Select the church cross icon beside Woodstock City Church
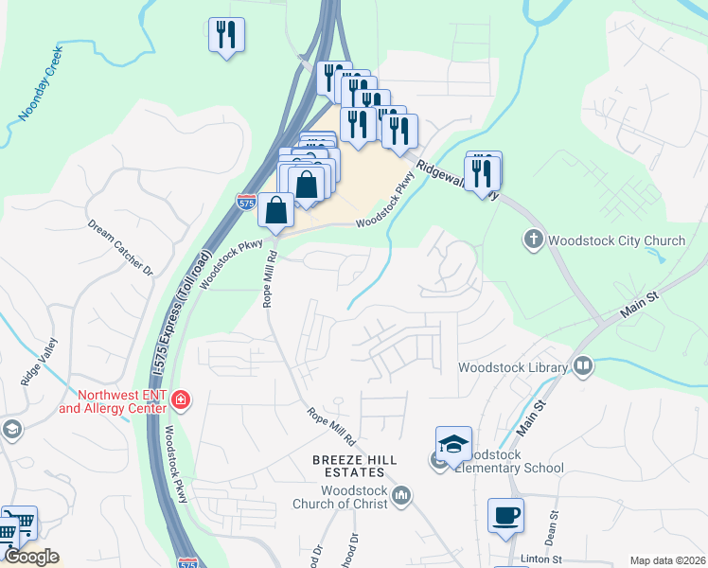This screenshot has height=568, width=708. click(x=534, y=240)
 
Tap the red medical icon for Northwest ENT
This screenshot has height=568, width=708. click(x=181, y=402)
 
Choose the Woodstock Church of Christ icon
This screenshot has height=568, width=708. click(x=402, y=495)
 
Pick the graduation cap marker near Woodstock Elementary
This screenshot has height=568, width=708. click(x=453, y=443)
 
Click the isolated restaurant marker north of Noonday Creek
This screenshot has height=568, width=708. click(x=226, y=36)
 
